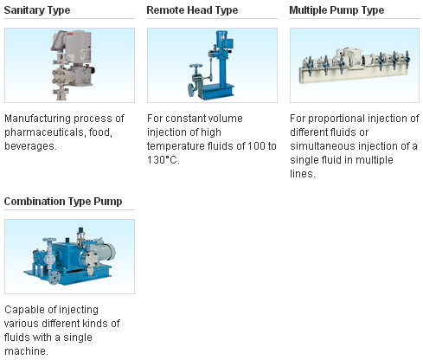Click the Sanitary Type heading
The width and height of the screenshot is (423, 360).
pos(37,10)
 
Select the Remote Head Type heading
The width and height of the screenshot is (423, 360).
pos(192,10)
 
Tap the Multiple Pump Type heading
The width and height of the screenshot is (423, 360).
pos(336,10)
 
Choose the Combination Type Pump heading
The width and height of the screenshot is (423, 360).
pos(63,202)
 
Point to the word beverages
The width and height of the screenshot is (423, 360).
pos(30,146)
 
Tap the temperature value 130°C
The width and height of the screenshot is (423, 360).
pos(163,160)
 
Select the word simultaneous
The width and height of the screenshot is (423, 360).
pos(320,146)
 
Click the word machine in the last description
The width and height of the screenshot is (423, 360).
pos(26,351)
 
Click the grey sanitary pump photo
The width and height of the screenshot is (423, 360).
pos(73,65)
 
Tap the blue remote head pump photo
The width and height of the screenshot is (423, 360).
pos(212,65)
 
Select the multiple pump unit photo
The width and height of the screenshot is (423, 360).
pos(355,65)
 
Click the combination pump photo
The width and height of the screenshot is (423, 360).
pos(69,256)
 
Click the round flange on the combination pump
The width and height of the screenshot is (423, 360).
pos(54,277)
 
